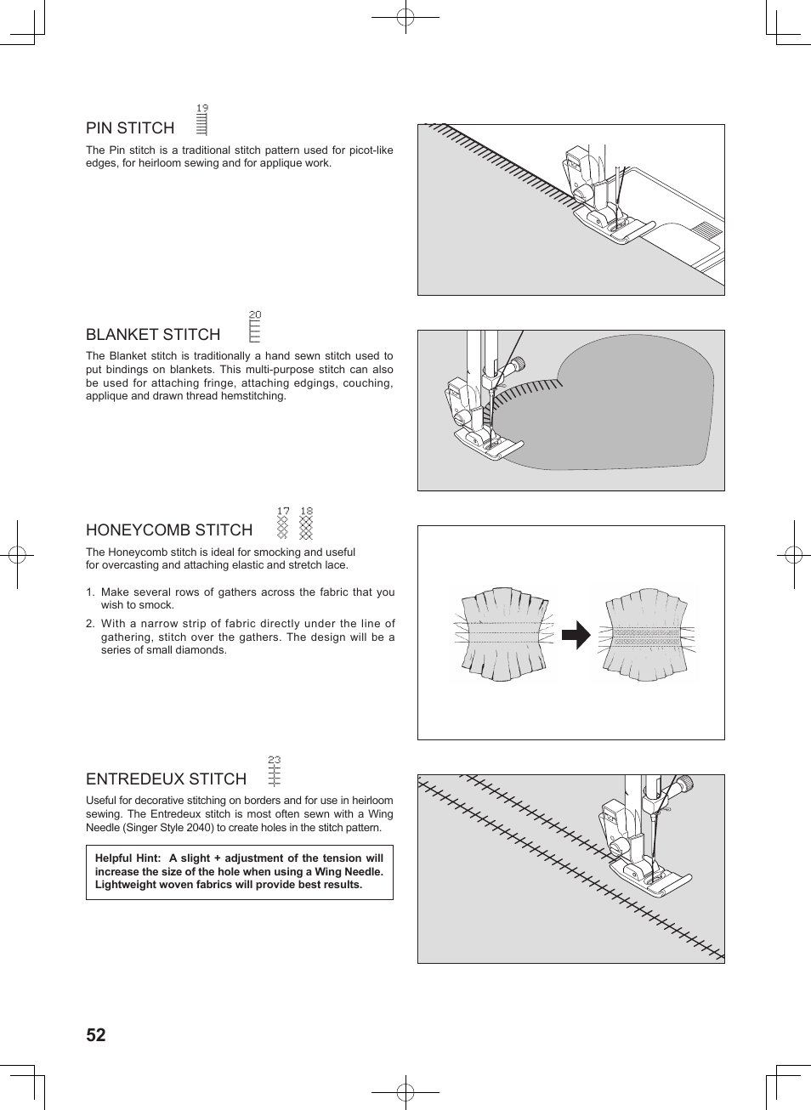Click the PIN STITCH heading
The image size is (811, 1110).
[130, 128]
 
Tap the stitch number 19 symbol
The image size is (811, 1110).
[201, 121]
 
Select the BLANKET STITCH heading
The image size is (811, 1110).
[153, 335]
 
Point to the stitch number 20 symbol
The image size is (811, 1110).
[254, 327]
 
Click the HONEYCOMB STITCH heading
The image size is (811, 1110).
[169, 530]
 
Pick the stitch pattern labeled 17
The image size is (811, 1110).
[283, 524]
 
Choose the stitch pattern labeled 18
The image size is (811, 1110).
[306, 524]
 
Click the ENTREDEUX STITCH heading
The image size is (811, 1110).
[166, 779]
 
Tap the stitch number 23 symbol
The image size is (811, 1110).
[274, 772]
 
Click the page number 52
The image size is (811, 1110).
[96, 1035]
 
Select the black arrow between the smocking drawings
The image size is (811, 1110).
[576, 635]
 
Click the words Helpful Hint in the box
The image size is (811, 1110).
[128, 858]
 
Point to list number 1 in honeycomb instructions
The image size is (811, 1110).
[89, 592]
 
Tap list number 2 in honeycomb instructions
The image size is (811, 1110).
[89, 624]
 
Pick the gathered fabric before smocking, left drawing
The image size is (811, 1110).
[505, 633]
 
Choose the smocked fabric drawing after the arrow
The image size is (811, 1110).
[646, 634]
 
